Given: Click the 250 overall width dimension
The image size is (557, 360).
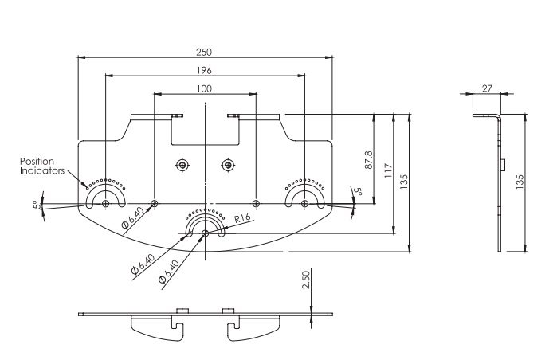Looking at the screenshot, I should pyautogui.click(x=204, y=52).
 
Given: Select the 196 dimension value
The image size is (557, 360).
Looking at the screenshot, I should pyautogui.click(x=204, y=70).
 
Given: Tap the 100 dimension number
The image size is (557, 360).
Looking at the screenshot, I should pyautogui.click(x=204, y=88).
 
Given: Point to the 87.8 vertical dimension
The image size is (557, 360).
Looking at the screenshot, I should pyautogui.click(x=368, y=158).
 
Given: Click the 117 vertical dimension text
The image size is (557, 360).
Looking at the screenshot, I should pyautogui.click(x=388, y=171).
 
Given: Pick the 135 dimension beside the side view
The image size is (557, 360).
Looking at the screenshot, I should pyautogui.click(x=520, y=182).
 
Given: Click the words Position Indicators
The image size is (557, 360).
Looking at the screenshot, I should pyautogui.click(x=37, y=165).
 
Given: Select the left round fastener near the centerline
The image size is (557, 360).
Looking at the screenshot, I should pyautogui.click(x=182, y=165).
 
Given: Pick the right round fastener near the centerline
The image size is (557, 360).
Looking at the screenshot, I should pyautogui.click(x=228, y=165).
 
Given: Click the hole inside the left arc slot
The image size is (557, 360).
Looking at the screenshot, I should pyautogui.click(x=106, y=202).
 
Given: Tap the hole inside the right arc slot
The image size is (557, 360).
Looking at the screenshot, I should pyautogui.click(x=304, y=202).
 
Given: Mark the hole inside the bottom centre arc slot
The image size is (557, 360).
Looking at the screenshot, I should pyautogui.click(x=205, y=233).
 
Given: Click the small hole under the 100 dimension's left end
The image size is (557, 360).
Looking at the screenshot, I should pyautogui.click(x=155, y=202).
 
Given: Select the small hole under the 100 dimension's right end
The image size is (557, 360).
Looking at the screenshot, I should pyautogui.click(x=255, y=202).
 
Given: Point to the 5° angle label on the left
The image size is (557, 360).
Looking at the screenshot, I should pyautogui.click(x=36, y=205).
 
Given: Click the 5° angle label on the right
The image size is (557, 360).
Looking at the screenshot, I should pyautogui.click(x=359, y=192).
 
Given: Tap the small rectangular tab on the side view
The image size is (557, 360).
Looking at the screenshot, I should pyautogui.click(x=504, y=166).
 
